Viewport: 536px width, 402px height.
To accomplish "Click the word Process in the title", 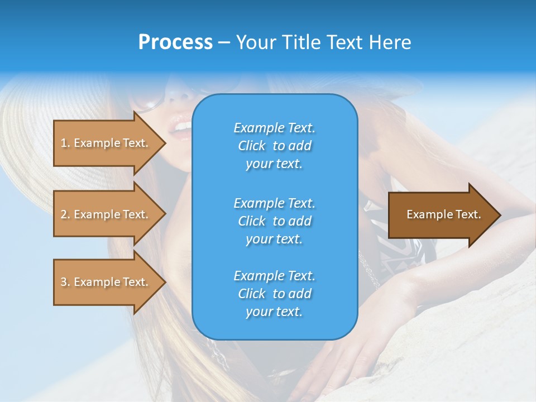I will tap(175, 42).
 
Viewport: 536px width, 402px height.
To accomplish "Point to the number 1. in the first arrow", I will tap(65, 143).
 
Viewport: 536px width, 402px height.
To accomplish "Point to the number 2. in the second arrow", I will tap(65, 214).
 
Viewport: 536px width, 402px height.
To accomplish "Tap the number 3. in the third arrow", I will tap(65, 282).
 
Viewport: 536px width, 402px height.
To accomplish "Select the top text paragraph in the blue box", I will tap(274, 146).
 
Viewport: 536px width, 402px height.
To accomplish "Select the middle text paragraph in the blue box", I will tap(274, 221).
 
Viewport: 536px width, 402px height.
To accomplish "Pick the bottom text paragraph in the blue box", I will tap(274, 294).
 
